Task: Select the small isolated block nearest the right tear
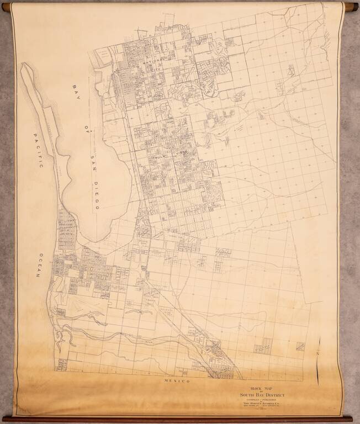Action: (x=300, y=346)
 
